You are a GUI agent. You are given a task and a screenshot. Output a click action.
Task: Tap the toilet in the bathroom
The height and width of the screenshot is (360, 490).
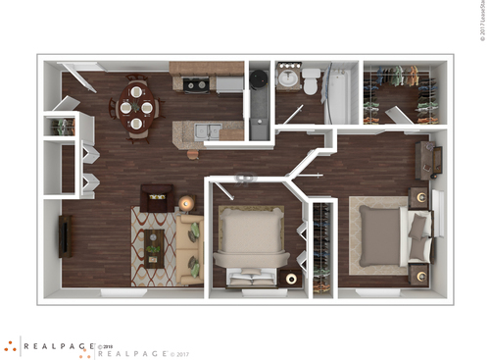311,82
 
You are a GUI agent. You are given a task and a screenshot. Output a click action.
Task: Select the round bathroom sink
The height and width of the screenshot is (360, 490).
288,78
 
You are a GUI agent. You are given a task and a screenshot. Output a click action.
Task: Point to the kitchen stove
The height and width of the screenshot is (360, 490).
196,85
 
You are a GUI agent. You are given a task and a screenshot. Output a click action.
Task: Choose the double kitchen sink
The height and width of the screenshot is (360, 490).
207,129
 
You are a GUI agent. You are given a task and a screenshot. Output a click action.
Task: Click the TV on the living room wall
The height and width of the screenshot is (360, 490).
65,235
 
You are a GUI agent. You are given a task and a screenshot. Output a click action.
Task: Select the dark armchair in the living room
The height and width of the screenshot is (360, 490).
156,199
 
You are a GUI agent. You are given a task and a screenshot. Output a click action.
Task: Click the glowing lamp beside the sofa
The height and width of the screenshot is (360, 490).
186,204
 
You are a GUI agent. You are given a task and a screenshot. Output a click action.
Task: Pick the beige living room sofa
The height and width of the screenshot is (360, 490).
191,250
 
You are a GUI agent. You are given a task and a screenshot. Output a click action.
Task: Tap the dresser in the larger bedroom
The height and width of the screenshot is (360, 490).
428,161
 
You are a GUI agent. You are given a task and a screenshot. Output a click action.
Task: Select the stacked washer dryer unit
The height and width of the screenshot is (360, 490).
259,103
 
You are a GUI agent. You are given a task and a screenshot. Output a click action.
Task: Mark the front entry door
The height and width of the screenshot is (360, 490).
83,68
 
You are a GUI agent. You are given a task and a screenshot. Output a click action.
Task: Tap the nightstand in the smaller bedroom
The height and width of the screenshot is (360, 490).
292,280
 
